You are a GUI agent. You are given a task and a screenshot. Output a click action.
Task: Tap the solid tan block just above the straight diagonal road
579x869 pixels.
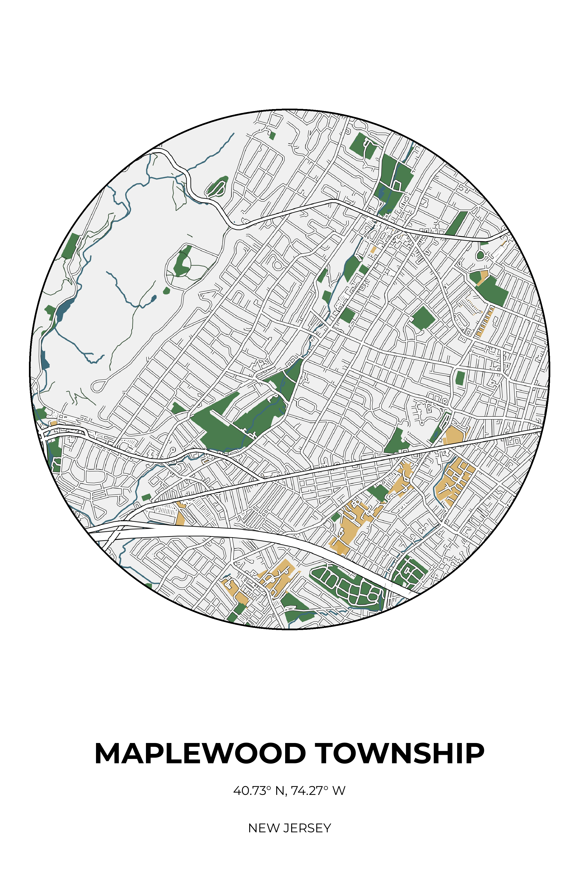coord(456,435)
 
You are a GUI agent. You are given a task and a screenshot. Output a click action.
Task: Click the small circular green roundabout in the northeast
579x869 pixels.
coord(480,255)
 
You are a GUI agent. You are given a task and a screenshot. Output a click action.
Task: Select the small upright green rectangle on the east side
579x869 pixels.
coord(460,378)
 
